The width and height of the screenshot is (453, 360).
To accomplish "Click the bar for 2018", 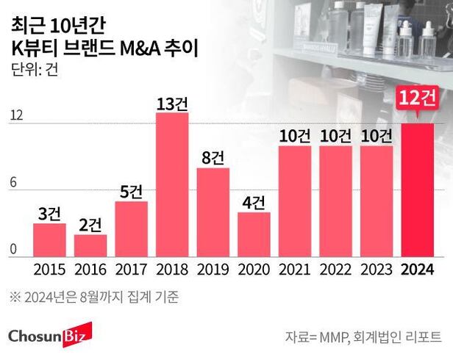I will (172, 184).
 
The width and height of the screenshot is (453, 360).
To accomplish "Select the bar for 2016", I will (90, 245).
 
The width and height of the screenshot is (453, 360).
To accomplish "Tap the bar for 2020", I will (254, 234).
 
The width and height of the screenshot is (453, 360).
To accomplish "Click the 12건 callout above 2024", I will (417, 97).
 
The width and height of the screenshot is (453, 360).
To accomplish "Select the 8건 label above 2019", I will (213, 158).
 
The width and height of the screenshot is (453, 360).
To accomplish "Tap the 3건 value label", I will (49, 214).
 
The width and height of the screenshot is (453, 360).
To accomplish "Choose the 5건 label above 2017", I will (131, 192).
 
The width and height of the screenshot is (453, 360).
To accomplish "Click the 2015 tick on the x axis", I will (49, 269).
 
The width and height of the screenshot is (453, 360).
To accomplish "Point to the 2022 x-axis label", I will (335, 269).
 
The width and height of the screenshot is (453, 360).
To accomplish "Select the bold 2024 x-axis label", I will (417, 269).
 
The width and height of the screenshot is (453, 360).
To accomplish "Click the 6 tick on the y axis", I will (14, 184).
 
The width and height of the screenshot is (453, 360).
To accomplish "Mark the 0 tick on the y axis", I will (14, 250).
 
